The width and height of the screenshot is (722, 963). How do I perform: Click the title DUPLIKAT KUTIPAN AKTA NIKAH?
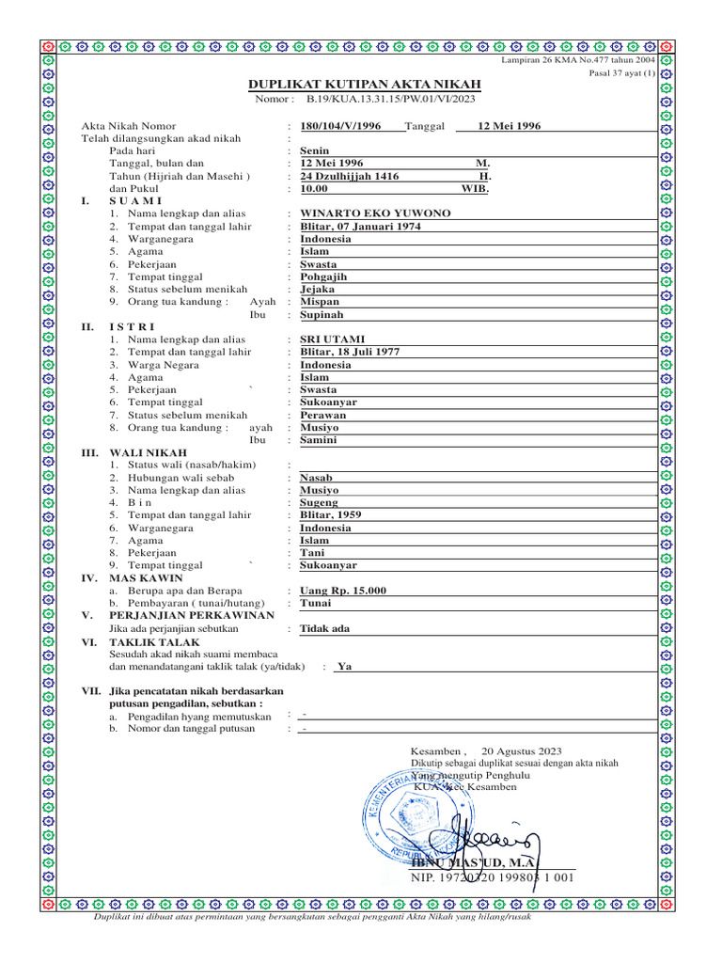click(363, 85)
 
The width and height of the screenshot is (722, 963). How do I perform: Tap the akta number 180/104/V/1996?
click(340, 126)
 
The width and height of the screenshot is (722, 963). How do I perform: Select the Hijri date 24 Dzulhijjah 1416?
click(349, 176)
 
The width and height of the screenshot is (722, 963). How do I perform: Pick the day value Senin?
click(314, 150)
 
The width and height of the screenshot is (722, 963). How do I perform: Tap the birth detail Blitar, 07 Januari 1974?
click(360, 227)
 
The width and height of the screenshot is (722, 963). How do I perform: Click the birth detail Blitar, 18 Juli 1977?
click(350, 352)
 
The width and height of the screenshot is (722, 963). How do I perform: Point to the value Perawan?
click(322, 415)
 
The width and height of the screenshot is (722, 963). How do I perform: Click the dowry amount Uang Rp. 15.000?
click(342, 591)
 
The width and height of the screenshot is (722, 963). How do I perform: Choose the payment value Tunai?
click(315, 603)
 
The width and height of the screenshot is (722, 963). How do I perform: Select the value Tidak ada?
click(324, 628)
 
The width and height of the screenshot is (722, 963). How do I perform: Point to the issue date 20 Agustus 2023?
click(522, 751)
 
